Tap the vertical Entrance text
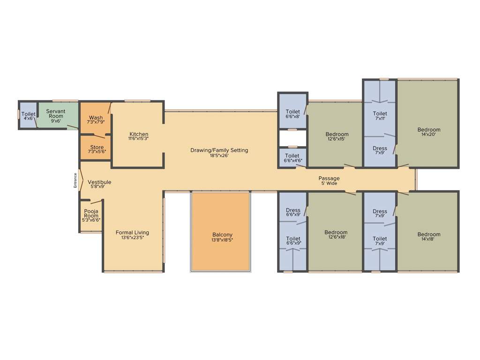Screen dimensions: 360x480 click(x=75, y=180)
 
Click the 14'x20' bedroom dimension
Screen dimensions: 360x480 click(x=429, y=135)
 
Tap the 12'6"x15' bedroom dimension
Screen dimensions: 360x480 click(x=337, y=140)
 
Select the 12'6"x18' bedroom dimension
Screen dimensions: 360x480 click(x=336, y=238)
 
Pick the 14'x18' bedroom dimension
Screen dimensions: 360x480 click(x=429, y=240)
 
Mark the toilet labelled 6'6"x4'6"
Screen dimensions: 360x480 click(x=292, y=158)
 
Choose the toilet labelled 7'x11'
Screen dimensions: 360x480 click(x=380, y=116)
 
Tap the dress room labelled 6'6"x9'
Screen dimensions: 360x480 click(x=293, y=213)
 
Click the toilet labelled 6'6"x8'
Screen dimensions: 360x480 click(x=293, y=114)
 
